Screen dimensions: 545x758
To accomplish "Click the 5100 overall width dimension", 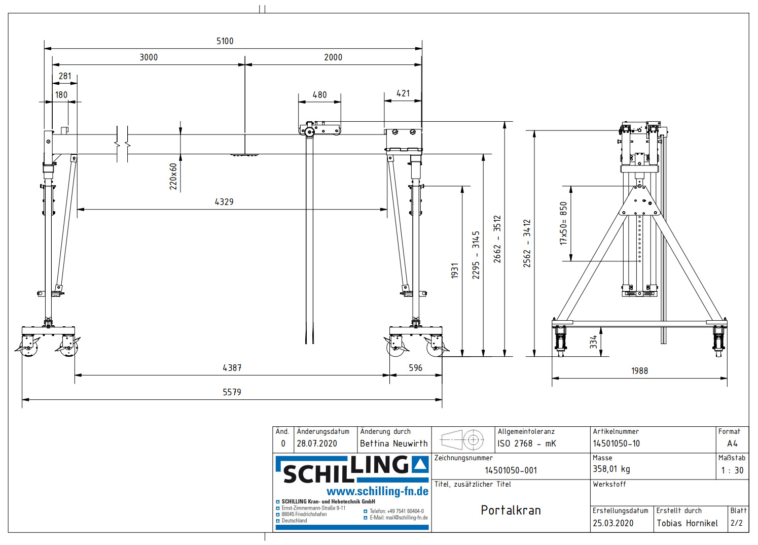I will point(225,41).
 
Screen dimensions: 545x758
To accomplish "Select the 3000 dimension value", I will point(149,57).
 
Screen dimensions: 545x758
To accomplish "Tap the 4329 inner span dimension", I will point(224,202).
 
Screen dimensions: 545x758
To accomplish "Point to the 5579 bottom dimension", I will point(232,392).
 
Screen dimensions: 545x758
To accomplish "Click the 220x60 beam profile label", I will point(173,177).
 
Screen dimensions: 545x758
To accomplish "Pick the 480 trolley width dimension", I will point(319,95).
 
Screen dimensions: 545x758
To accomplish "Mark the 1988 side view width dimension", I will point(639,371).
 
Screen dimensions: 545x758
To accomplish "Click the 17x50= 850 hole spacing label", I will point(563,223).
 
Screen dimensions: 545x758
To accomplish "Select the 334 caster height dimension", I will point(593,342).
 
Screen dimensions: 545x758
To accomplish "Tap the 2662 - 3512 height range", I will point(497,239).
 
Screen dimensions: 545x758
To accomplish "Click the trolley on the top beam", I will point(319,129).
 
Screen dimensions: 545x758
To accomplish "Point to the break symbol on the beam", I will point(122,145).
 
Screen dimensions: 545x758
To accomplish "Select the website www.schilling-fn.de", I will point(377,491).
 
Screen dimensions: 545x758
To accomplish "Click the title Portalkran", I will point(511,510).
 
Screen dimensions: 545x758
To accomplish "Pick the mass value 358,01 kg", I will point(611,469).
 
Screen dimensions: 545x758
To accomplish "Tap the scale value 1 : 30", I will point(732,470).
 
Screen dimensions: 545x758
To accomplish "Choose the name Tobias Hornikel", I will point(687,523).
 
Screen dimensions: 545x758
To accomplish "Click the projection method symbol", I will point(462,439).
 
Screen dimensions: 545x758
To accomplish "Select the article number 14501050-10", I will point(616,444).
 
